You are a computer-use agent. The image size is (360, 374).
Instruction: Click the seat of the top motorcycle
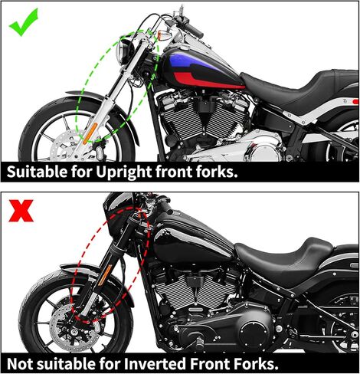pyautogui.click(x=291, y=84)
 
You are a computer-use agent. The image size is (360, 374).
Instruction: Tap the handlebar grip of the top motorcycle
pyautogui.click(x=191, y=31)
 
